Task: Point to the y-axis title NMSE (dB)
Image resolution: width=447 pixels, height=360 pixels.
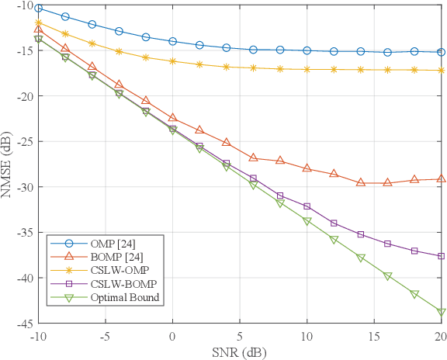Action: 9,164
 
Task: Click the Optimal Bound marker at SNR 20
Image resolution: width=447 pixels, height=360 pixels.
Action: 441,313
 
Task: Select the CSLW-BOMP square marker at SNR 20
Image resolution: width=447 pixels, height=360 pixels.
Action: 441,256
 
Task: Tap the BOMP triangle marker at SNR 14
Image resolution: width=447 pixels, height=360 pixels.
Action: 360,182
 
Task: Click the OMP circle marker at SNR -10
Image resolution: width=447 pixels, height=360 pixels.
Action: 38,9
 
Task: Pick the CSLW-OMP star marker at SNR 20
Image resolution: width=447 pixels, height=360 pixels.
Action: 441,71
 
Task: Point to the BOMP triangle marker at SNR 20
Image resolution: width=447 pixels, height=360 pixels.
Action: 441,178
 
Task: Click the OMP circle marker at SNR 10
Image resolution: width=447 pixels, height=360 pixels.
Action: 307,50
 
